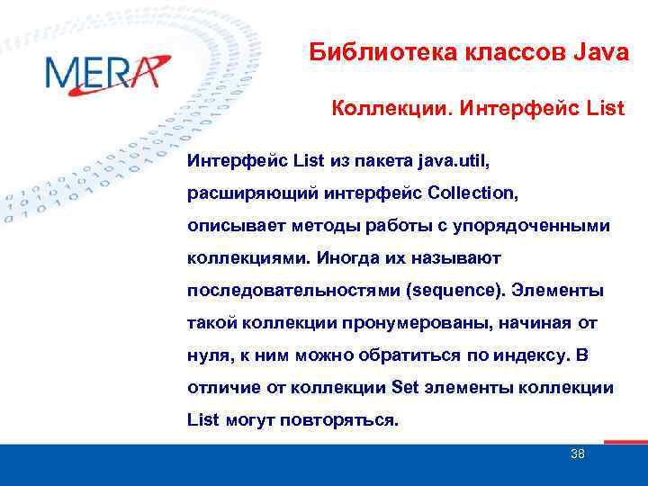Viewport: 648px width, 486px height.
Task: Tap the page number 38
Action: tap(577, 454)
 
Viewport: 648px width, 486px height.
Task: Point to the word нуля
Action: tap(208, 355)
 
